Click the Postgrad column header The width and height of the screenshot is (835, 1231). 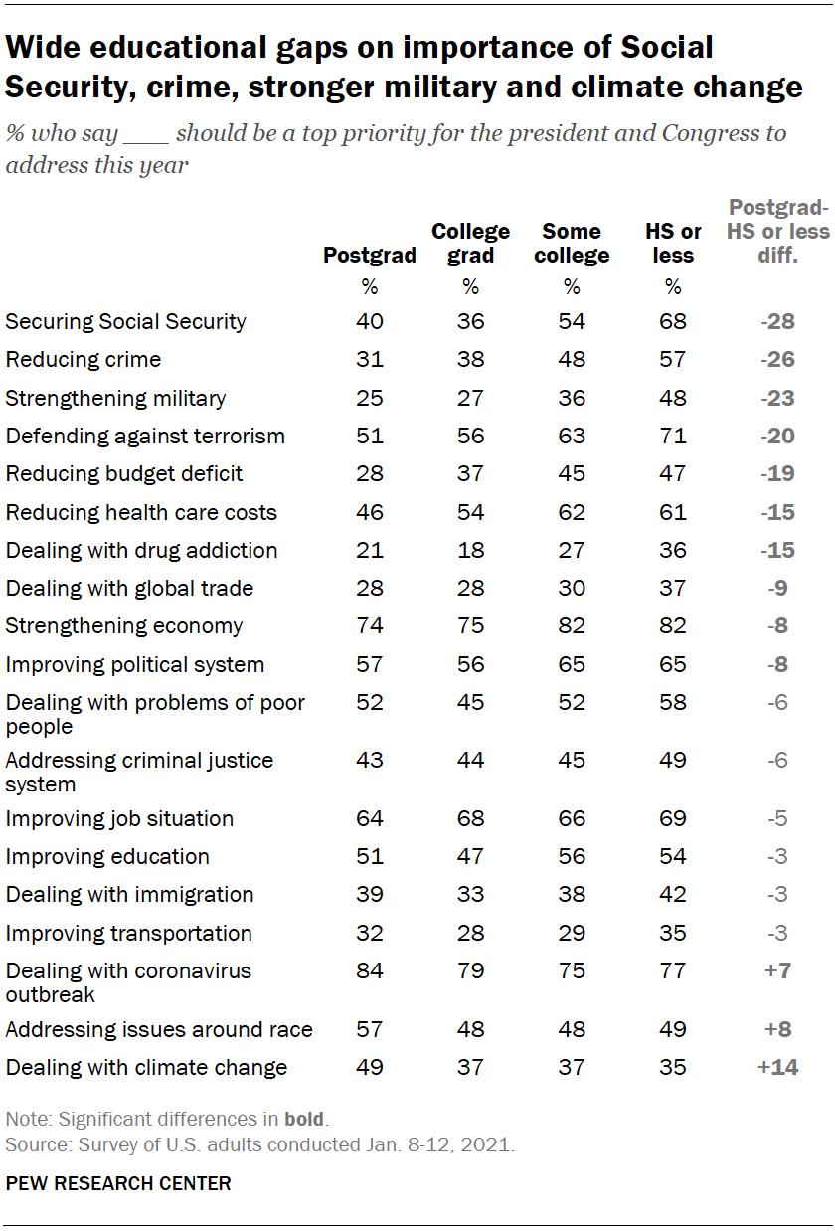[x=370, y=256]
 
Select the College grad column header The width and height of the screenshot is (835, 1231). [x=470, y=244]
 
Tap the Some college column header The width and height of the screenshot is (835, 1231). [x=572, y=244]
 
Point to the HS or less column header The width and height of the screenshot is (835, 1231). [x=673, y=244]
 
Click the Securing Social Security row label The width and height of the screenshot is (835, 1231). [x=126, y=322]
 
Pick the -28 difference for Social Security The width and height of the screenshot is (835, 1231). [x=778, y=322]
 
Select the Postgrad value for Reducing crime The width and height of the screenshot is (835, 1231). [x=369, y=360]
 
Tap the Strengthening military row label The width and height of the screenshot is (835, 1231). [x=116, y=399]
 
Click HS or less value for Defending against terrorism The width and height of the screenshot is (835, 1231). [x=673, y=437]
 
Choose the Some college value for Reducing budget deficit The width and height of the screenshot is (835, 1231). [x=572, y=474]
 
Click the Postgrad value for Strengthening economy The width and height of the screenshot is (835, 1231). [x=369, y=626]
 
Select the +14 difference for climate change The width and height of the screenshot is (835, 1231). [x=778, y=1068]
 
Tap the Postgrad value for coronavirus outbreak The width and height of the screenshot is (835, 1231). [x=369, y=970]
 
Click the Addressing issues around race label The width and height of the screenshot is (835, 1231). [x=159, y=1030]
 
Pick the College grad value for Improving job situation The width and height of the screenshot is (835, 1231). [x=470, y=819]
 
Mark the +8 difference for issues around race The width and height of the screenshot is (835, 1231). [x=778, y=1030]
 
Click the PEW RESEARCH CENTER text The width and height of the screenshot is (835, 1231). [x=118, y=1183]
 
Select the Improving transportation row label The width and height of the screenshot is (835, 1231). [x=129, y=933]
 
